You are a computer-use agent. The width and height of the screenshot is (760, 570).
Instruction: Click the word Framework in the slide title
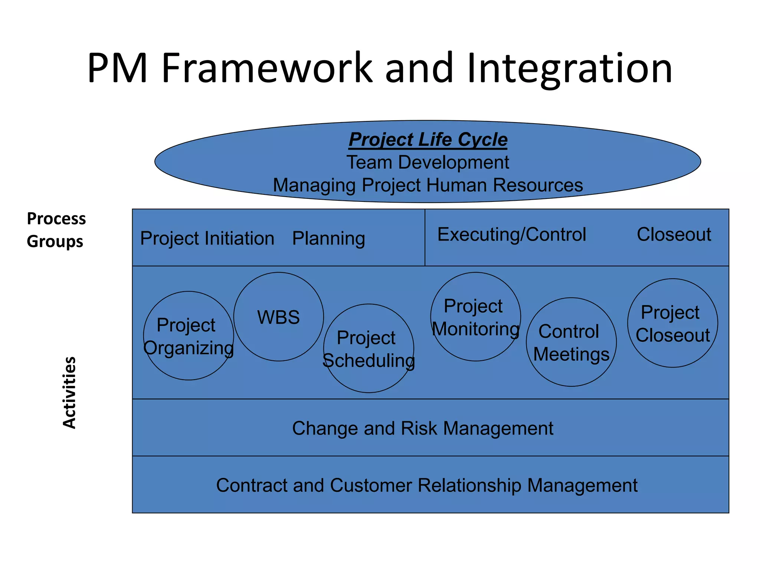point(266,68)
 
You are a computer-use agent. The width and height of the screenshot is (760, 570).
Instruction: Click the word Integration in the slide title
point(569,69)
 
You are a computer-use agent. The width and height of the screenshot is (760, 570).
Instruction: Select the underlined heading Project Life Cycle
point(428,140)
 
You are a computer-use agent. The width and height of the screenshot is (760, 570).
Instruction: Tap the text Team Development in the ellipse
point(427,163)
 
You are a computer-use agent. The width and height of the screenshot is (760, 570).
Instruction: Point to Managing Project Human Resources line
point(427,185)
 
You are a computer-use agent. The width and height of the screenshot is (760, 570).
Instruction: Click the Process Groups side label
point(56,230)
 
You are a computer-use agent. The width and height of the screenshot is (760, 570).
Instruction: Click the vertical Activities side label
point(69,392)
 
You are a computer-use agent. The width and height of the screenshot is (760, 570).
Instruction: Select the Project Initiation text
point(207,238)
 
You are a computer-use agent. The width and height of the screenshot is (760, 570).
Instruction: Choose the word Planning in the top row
point(328,238)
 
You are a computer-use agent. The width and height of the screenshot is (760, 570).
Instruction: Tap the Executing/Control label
point(511,235)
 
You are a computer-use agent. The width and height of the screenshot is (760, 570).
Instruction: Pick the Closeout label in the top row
point(674,235)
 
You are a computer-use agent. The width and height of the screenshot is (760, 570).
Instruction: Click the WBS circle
point(278,317)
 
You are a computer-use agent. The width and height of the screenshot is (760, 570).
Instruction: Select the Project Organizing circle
point(189,336)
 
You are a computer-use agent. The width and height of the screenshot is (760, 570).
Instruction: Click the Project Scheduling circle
point(368,348)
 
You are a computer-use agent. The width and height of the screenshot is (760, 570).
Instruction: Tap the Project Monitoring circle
point(475,317)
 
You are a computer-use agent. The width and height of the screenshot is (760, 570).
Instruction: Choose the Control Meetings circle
point(571,342)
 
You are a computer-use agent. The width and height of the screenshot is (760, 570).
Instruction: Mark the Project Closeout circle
point(672,323)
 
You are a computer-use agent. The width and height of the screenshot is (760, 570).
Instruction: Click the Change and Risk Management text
point(422,428)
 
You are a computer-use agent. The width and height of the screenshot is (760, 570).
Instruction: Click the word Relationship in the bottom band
point(469,485)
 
